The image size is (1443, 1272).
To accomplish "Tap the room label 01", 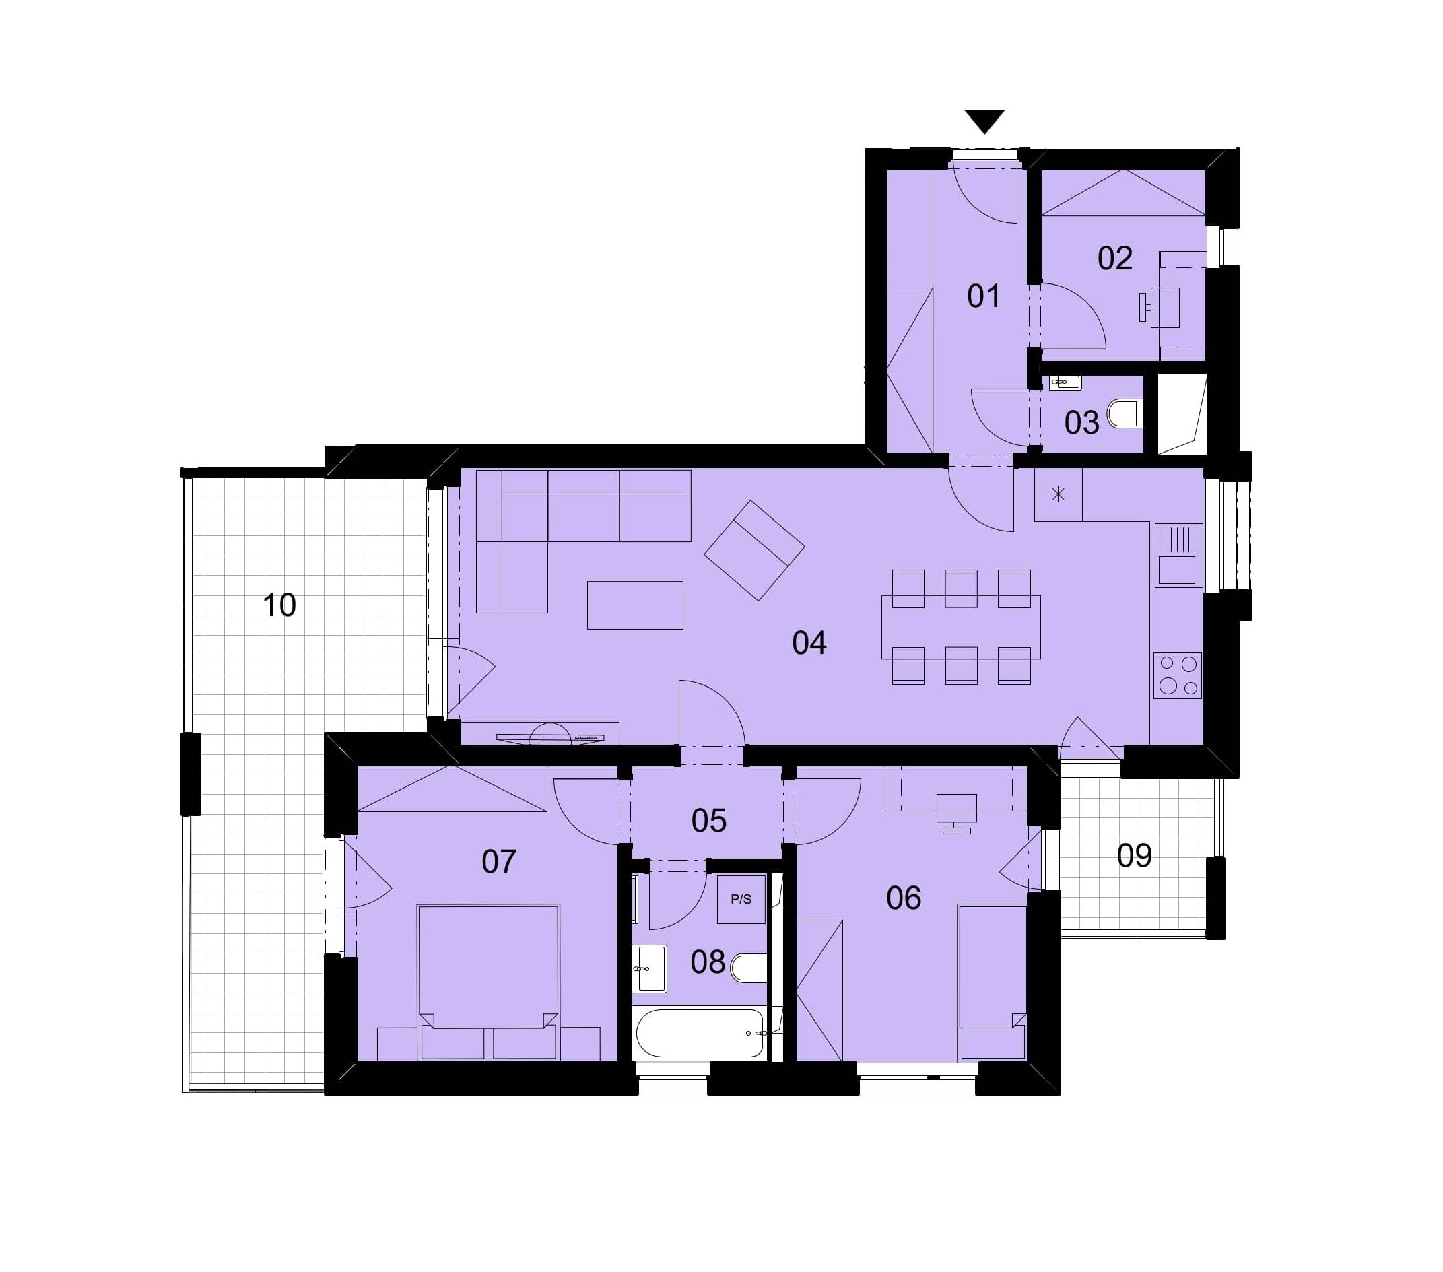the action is tap(983, 296).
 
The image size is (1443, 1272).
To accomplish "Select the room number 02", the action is tap(1114, 259).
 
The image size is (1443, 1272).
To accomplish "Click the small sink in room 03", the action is tap(1065, 382).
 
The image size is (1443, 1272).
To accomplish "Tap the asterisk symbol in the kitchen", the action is tap(1058, 495).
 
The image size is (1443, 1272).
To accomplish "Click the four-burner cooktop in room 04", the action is tap(1178, 675).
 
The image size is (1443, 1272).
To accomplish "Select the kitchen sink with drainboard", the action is tap(1178, 555).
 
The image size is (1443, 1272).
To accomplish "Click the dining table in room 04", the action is tap(961, 627).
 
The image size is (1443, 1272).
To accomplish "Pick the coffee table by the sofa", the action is tap(635, 605).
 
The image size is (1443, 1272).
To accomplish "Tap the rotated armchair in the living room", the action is tap(754, 551).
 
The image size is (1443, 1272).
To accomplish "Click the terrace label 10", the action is tap(279, 605).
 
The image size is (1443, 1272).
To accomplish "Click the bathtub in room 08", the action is tap(700, 1033).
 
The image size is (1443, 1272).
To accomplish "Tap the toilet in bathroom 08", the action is tap(748, 968).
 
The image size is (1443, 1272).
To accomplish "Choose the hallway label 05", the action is tap(709, 821).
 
